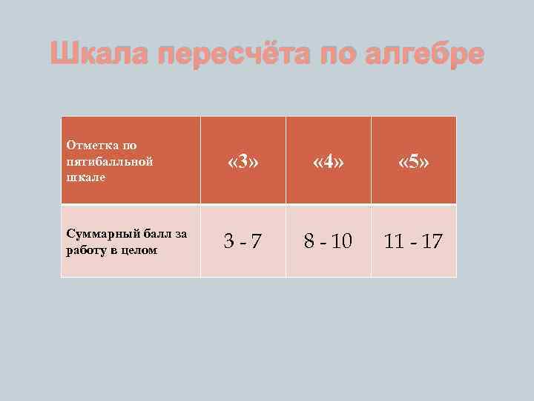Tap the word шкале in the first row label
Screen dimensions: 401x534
85,177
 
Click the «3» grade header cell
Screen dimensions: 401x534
243,161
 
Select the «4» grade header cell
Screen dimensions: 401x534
329,161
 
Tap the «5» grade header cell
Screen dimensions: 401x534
414,161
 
